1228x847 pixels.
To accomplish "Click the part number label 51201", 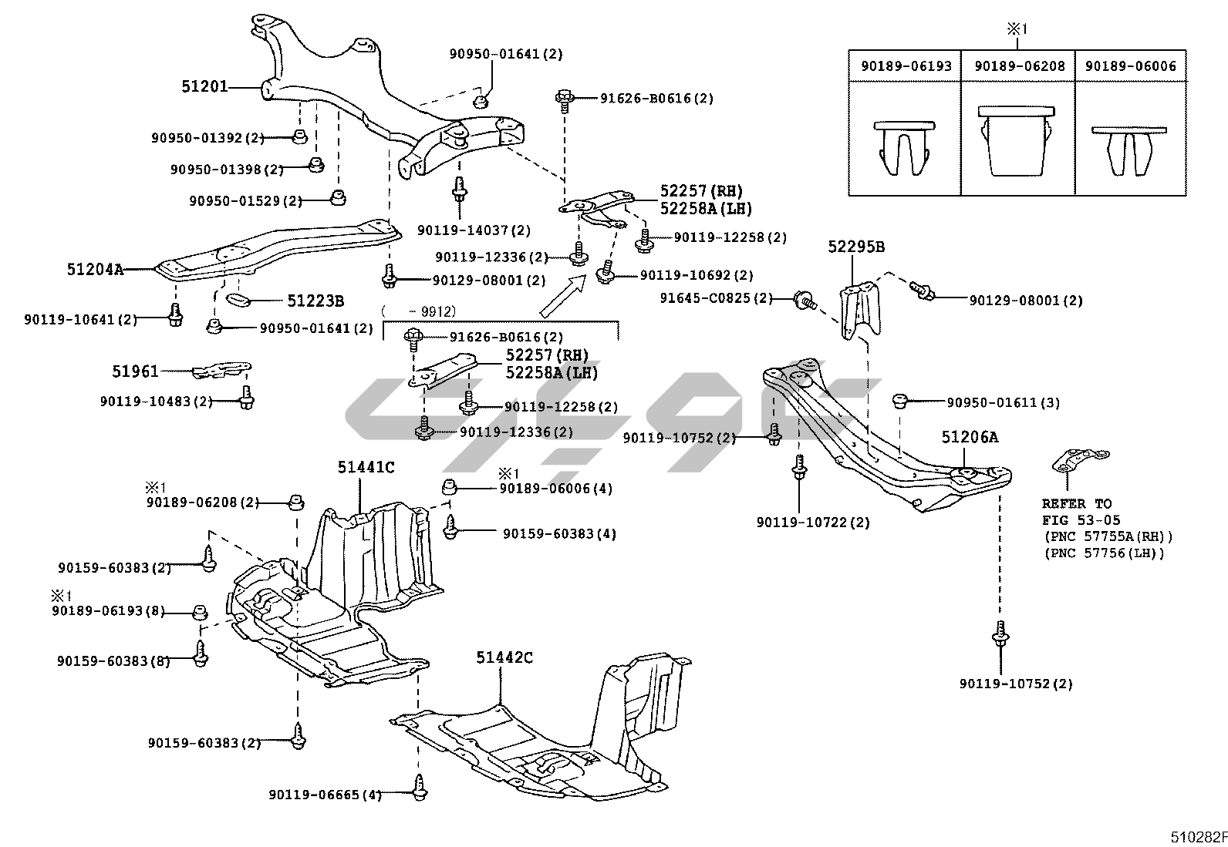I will point(204,87).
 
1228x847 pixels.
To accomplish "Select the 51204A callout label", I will point(95,270).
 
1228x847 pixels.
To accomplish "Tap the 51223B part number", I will point(315,301).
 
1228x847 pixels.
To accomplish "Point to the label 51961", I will point(135,371).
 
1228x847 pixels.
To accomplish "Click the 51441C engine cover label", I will point(365,467).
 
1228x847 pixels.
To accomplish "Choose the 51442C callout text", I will point(504,657).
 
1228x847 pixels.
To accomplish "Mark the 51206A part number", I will point(969,438).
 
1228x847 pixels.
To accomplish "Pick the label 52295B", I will point(856,247).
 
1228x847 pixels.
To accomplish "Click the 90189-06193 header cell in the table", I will point(906,66).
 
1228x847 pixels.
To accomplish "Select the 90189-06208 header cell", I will point(1019,66).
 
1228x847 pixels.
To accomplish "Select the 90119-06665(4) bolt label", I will point(325,795).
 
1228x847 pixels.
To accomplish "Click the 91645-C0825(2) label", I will point(716,298).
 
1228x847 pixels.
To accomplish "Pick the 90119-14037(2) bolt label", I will point(474,230).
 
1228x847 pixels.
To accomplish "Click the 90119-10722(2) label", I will point(813,523).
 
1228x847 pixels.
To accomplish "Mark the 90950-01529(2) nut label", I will point(246,201).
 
